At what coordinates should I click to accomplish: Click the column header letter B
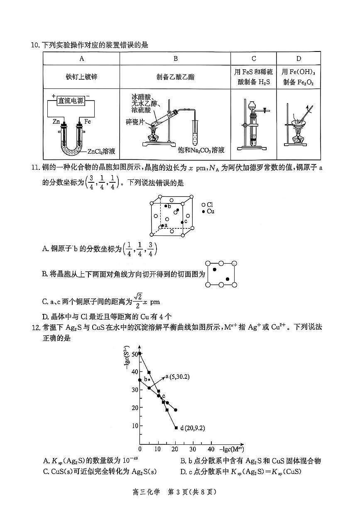(x=175, y=59)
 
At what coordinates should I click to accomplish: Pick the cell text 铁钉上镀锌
(x=81, y=77)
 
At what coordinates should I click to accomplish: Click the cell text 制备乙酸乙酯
(x=175, y=77)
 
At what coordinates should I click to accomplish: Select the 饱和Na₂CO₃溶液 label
(x=201, y=150)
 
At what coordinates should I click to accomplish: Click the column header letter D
(x=299, y=59)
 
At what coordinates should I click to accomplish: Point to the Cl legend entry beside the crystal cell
(x=207, y=205)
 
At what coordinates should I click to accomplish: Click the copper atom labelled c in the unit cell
(x=182, y=223)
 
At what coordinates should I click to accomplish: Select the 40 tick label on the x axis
(x=211, y=449)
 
